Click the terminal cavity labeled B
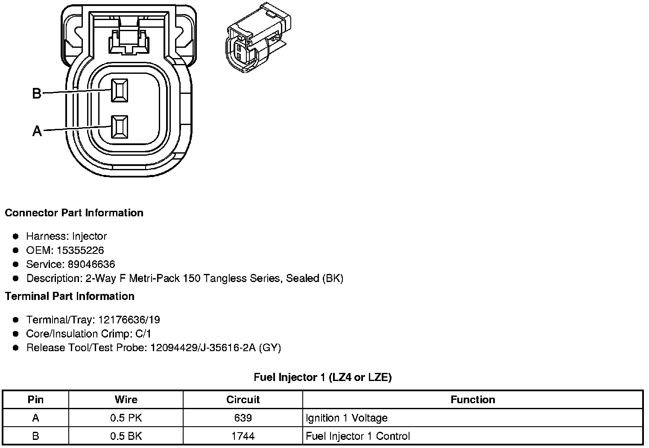point(119,90)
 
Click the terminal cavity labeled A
point(119,127)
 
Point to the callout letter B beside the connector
point(37,93)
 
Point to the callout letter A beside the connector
point(37,131)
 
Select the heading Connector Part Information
point(74,213)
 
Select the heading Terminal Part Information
point(70,296)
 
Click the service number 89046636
point(91,264)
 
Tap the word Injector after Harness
point(89,236)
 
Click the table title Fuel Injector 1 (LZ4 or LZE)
point(322,377)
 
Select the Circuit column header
point(243,400)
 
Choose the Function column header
point(473,400)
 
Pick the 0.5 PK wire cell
point(126,418)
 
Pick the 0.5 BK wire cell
point(126,436)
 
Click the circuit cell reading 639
point(243,418)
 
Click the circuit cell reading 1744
point(243,436)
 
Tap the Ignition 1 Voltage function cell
point(346,418)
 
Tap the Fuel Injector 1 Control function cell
point(357,436)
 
